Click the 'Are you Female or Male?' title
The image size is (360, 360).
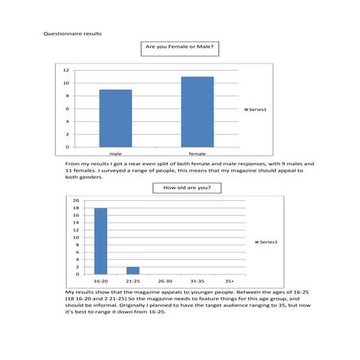[x=180, y=48]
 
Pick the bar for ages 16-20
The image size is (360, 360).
[x=100, y=241]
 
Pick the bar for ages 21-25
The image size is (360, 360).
[x=133, y=270]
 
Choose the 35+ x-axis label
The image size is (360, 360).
[x=230, y=281]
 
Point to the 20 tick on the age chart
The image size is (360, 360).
[x=75, y=200]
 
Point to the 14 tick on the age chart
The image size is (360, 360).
[x=75, y=223]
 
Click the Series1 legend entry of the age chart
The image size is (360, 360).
[x=268, y=241]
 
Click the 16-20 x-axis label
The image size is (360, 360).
[x=100, y=281]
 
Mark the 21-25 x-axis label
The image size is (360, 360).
[x=133, y=281]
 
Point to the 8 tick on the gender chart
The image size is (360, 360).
[x=66, y=95]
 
